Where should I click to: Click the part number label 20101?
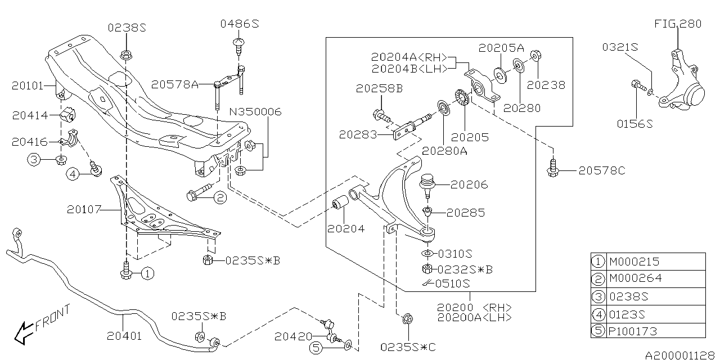(x=28, y=86)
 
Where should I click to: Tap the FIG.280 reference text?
(x=678, y=24)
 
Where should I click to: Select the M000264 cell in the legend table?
(x=636, y=278)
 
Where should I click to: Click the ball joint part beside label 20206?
(x=427, y=186)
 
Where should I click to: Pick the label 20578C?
(x=602, y=170)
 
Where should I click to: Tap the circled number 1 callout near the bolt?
(x=147, y=273)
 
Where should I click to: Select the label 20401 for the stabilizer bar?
(x=124, y=336)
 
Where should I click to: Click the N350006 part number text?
(x=255, y=112)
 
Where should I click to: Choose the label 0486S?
(x=240, y=24)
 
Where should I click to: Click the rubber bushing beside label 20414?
(x=68, y=114)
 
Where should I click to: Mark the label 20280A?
(x=444, y=151)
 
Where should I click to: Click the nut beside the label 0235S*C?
(x=408, y=319)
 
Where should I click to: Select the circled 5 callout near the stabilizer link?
(x=316, y=348)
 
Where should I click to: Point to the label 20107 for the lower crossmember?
(x=84, y=210)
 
